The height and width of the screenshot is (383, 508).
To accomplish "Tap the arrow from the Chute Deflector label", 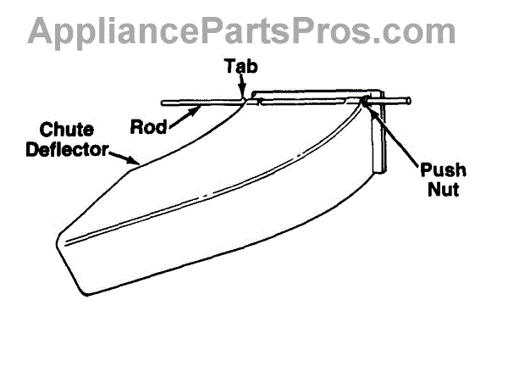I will click(x=127, y=157).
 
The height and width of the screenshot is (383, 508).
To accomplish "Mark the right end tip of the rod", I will click(x=411, y=101).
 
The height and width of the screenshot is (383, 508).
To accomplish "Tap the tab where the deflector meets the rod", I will click(x=244, y=101).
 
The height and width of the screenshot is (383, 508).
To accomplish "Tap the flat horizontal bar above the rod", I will click(x=313, y=92).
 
